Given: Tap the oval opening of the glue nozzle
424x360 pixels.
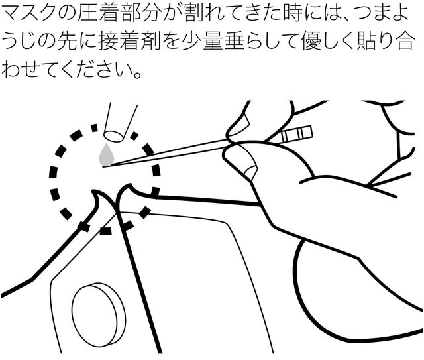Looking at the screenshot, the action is click(113, 136).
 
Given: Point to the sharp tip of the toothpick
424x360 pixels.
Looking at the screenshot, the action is click(103, 167).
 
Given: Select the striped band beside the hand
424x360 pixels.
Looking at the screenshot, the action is click(296, 135).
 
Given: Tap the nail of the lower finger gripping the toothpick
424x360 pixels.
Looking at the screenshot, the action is click(250, 172).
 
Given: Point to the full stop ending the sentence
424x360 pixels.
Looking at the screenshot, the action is click(138, 74).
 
